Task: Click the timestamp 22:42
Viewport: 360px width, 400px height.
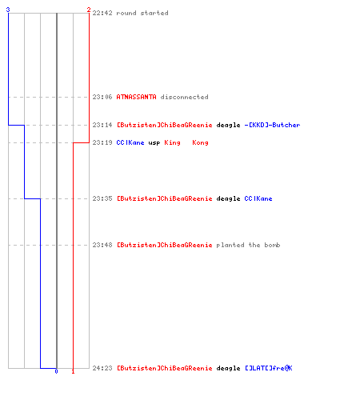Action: [x=102, y=13]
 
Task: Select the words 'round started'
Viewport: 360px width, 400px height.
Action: [x=142, y=13]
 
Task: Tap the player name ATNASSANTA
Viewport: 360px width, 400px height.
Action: [x=136, y=97]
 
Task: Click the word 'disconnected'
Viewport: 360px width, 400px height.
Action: [x=184, y=97]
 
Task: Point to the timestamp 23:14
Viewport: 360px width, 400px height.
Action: [x=102, y=125]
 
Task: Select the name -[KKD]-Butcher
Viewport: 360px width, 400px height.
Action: [x=272, y=125]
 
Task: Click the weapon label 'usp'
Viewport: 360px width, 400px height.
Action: [x=154, y=143]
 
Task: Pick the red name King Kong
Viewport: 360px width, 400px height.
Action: [x=186, y=143]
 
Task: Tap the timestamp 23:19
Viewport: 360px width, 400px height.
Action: [x=102, y=142]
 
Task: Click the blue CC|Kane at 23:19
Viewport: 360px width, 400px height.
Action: [x=130, y=142]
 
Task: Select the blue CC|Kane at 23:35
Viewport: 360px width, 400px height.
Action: [x=258, y=198]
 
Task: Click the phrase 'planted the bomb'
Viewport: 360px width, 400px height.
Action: [x=248, y=245]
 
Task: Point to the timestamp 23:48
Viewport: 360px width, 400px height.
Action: [x=102, y=245]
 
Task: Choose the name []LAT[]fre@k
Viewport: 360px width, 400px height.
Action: [x=269, y=368]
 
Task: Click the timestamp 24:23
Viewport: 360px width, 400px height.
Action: [x=102, y=368]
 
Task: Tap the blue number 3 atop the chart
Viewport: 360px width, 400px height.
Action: [x=8, y=10]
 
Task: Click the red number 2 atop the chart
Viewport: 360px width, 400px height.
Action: [x=89, y=10]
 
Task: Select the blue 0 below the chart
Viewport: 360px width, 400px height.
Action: [x=56, y=371]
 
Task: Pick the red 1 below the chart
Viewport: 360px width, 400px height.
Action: [x=73, y=371]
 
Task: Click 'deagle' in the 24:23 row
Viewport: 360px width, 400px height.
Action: [x=228, y=369]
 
